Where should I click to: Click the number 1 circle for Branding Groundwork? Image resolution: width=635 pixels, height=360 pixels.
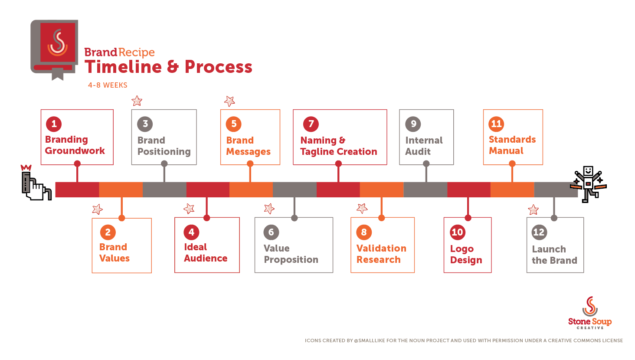pos(54,124)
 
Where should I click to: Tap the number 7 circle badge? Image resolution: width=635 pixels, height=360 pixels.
pos(311,124)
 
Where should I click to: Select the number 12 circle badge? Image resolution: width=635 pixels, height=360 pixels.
pos(539,232)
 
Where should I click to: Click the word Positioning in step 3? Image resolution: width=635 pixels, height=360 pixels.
pos(164,152)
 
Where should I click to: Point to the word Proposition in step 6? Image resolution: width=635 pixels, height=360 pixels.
pos(291,260)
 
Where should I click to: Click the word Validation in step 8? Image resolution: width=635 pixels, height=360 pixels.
pos(381,249)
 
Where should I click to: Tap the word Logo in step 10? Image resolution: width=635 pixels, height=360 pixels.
pos(462,249)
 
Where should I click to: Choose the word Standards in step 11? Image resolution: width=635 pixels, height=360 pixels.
pos(512,140)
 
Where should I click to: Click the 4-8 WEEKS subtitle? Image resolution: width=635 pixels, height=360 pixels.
pos(108,85)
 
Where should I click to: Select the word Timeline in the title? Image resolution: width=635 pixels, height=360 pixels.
pos(123,67)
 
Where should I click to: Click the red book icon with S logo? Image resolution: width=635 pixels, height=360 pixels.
pos(54,50)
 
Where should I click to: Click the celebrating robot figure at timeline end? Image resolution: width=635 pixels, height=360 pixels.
pos(588,184)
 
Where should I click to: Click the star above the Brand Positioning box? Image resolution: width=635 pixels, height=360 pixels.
pos(137,101)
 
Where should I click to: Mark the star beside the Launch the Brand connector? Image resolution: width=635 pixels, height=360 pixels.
pos(533,210)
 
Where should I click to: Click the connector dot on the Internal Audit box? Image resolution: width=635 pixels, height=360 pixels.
pos(426,164)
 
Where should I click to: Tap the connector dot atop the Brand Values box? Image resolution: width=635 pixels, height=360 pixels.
pos(121,218)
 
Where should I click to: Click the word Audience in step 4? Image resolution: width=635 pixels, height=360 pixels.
pos(206,259)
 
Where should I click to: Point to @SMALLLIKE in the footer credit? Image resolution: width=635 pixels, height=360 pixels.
pos(370,340)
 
